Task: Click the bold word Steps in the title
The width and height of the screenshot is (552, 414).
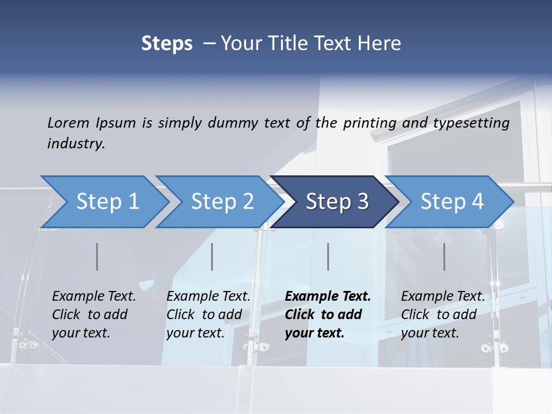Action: coord(167,43)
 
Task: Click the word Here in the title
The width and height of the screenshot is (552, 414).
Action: coord(378,43)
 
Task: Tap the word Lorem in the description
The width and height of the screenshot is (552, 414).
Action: coord(68,122)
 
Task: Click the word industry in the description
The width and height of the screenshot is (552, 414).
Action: coord(76,143)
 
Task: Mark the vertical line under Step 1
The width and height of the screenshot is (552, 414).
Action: coord(97,256)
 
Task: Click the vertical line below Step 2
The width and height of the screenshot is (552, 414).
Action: coord(212,256)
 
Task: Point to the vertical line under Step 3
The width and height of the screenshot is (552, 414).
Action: coord(328,256)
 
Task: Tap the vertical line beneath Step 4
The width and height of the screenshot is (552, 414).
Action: coord(444,256)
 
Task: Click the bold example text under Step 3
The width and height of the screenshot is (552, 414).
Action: coord(328,315)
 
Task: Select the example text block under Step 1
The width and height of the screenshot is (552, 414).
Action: coord(94,315)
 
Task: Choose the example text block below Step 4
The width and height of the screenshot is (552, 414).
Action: coord(443,315)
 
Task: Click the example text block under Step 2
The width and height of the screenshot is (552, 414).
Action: coord(208,315)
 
